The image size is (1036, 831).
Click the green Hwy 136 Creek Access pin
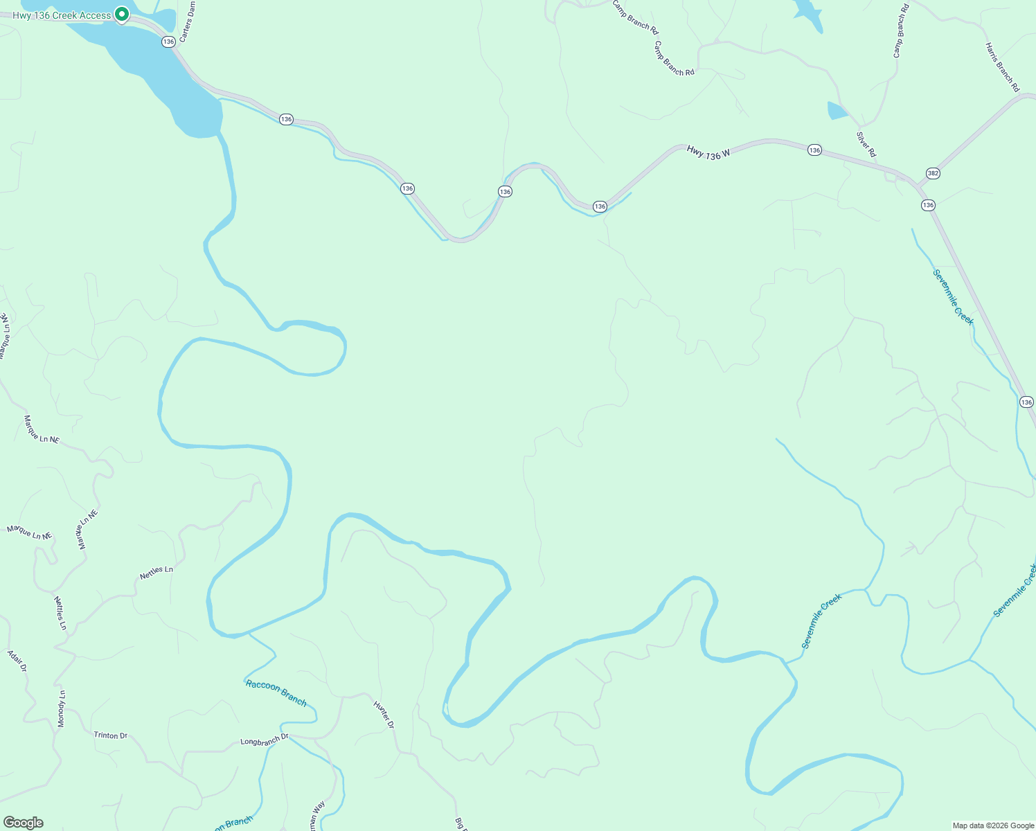coord(122,14)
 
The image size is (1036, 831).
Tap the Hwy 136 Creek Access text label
coord(62,15)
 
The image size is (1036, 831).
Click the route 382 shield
coord(933,173)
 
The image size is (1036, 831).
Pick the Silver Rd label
coord(866,144)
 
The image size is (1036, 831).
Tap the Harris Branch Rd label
coord(1002,67)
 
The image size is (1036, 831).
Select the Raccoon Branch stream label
coord(276,692)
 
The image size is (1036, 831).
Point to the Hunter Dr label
coord(384,715)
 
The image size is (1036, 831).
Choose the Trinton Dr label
coord(111,735)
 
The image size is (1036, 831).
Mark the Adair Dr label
coord(17,661)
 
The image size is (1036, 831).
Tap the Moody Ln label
coord(62,708)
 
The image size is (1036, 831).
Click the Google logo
coord(23,823)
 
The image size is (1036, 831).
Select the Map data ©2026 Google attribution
coord(992,825)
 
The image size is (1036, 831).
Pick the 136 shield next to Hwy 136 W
coord(814,150)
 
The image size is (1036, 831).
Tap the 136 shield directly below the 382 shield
coord(928,205)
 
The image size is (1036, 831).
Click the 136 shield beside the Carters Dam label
coord(168,42)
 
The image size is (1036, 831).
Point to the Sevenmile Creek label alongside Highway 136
coord(953,297)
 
